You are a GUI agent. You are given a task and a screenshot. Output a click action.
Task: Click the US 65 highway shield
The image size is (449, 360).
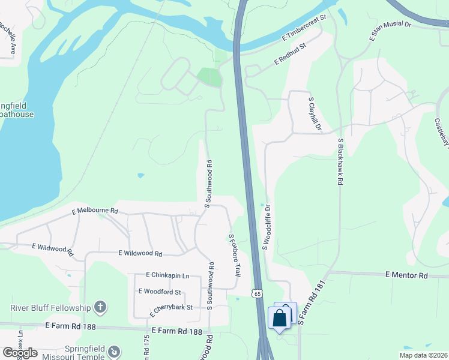258,294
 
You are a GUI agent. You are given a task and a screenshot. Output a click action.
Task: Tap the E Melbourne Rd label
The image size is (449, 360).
95,211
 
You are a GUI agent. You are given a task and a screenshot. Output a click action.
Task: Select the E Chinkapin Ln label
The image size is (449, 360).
167,275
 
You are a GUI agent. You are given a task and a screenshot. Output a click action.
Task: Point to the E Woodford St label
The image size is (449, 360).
160,292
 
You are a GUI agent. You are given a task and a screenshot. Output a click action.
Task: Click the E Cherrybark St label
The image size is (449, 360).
171,308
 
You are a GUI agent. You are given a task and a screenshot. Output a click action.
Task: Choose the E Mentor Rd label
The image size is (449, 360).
406,275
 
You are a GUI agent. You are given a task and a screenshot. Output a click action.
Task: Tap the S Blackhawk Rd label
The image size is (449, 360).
340,161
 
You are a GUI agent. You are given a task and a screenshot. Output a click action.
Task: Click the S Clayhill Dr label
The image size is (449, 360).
315,115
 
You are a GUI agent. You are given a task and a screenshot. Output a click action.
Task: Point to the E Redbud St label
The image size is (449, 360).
291,53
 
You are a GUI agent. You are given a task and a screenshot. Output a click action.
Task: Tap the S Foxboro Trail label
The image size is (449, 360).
233,255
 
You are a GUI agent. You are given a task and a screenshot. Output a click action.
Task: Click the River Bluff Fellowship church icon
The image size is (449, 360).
100,308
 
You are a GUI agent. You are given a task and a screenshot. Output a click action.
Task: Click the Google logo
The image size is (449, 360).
20,353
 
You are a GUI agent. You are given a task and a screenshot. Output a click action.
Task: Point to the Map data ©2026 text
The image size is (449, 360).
423,355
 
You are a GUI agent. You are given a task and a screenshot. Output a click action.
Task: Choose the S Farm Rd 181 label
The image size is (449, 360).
311,302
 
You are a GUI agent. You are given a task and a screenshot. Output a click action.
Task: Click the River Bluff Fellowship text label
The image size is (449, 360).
50,308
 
